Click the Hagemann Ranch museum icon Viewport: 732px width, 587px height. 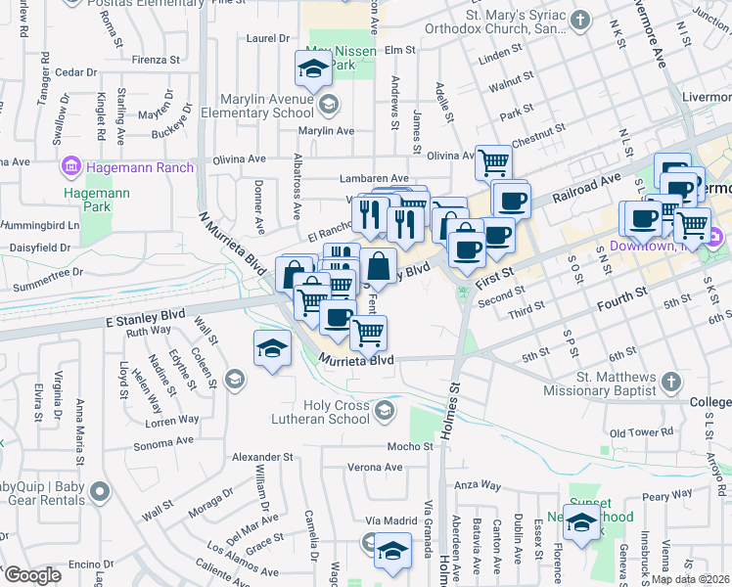pyautogui.click(x=70, y=167)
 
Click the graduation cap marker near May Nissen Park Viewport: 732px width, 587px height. pyautogui.click(x=313, y=69)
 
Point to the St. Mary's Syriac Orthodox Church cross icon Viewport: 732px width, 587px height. pyautogui.click(x=580, y=20)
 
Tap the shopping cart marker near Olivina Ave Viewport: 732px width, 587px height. pyautogui.click(x=494, y=161)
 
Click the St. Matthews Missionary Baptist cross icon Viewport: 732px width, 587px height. pyautogui.click(x=670, y=381)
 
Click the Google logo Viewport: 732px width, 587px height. pyautogui.click(x=32, y=575)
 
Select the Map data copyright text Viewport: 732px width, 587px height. pyautogui.click(x=690, y=579)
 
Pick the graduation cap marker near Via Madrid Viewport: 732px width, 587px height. pyautogui.click(x=392, y=550)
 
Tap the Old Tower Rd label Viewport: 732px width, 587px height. pyautogui.click(x=641, y=431)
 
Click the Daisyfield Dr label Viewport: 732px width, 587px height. pyautogui.click(x=39, y=248)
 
